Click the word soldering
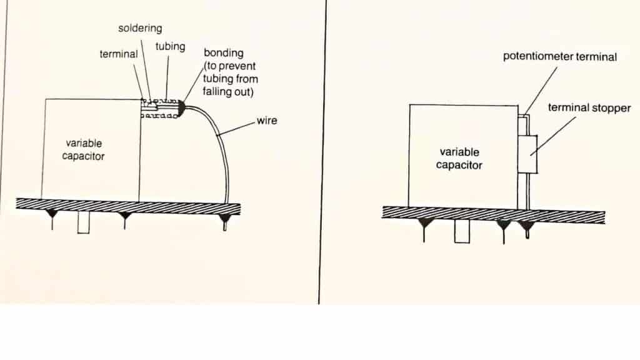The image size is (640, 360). [140, 28]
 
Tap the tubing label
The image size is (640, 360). [170, 46]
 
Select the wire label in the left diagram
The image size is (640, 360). [267, 121]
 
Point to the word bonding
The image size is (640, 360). [224, 53]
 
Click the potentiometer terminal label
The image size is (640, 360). [559, 56]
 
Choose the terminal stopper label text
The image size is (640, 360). [589, 107]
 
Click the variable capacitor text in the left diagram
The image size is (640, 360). [84, 149]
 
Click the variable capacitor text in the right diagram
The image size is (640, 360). [459, 158]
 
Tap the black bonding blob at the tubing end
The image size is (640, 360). [181, 108]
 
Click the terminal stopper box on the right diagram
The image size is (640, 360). [527, 154]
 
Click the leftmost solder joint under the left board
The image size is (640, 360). [52, 214]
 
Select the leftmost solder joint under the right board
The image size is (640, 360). [424, 222]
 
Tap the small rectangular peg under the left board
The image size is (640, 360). [83, 223]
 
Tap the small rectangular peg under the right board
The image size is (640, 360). [462, 231]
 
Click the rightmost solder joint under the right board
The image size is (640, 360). [526, 225]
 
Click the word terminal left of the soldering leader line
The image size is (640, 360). [119, 54]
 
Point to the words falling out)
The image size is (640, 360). [227, 91]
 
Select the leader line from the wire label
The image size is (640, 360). [236, 128]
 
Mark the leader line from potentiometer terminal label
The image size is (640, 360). [541, 91]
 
